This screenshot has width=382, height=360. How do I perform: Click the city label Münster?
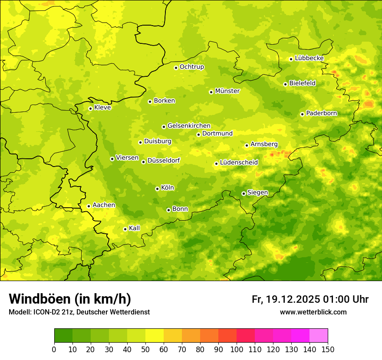tap(227, 91)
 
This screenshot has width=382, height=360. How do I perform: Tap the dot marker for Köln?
tap(157, 189)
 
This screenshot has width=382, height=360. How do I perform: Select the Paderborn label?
tap(321, 113)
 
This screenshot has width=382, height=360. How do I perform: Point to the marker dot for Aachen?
tap(89, 206)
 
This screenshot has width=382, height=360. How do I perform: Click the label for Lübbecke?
tap(309, 58)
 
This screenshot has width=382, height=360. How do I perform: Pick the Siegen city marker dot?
tap(244, 193)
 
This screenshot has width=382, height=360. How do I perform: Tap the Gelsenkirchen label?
tap(189, 126)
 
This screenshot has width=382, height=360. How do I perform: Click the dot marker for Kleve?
tap(90, 108)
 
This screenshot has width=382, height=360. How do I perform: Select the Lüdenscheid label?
tap(239, 163)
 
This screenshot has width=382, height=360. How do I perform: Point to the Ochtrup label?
tap(191, 67)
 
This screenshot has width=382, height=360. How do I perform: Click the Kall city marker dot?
tap(125, 229)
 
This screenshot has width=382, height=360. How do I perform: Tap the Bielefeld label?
tap(302, 83)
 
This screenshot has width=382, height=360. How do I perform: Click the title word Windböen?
tap(39, 299)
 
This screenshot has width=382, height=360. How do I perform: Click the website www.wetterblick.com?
tap(313, 312)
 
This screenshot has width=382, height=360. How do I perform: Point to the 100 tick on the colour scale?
tap(237, 350)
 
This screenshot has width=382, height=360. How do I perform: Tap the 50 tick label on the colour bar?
tap(145, 350)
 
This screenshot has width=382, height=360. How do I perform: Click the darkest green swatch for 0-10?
tap(63, 336)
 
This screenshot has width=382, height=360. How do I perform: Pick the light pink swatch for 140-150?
tap(319, 336)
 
